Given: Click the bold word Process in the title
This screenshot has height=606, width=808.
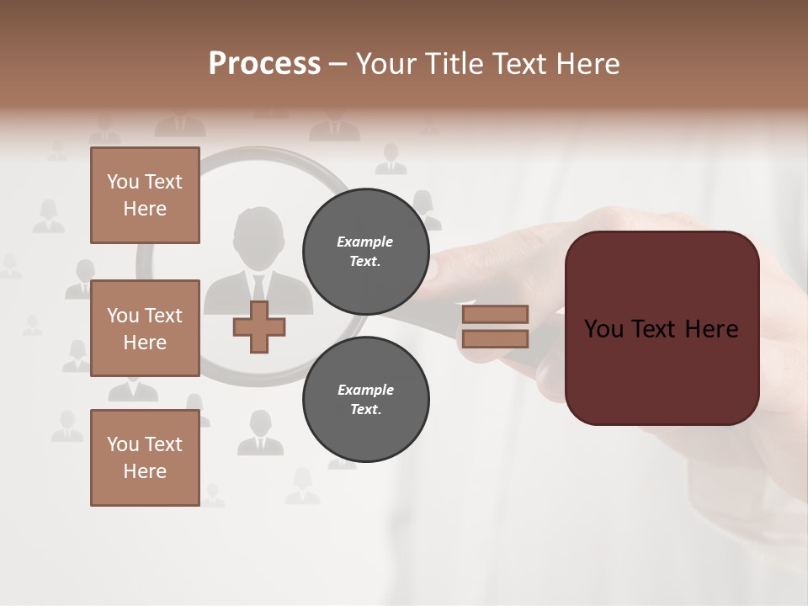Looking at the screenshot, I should pyautogui.click(x=264, y=64).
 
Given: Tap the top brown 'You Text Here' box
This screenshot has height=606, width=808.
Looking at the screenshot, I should pyautogui.click(x=145, y=195).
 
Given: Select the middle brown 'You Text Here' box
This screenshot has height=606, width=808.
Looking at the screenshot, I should pyautogui.click(x=145, y=328).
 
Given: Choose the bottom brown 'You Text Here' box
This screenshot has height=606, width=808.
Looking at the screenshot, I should pyautogui.click(x=145, y=458).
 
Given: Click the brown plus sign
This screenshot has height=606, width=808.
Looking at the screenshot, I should pyautogui.click(x=259, y=327).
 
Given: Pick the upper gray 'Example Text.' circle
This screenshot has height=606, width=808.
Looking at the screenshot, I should pyautogui.click(x=365, y=251).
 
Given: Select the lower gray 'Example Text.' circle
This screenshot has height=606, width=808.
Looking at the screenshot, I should pyautogui.click(x=365, y=399).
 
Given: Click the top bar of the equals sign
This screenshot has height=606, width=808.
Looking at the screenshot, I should pyautogui.click(x=495, y=314).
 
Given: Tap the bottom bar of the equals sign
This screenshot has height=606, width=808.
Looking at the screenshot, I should pyautogui.click(x=495, y=338).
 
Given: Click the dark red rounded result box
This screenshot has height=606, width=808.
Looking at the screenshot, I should pyautogui.click(x=662, y=328).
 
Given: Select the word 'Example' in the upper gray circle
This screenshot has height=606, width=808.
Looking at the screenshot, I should pyautogui.click(x=365, y=242).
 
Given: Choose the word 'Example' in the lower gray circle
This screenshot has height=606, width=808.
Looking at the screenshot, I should pyautogui.click(x=365, y=390).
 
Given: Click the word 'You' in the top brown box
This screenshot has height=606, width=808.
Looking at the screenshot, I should pyautogui.click(x=123, y=182).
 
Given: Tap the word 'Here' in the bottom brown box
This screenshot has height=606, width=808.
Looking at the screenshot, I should pyautogui.click(x=145, y=471).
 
